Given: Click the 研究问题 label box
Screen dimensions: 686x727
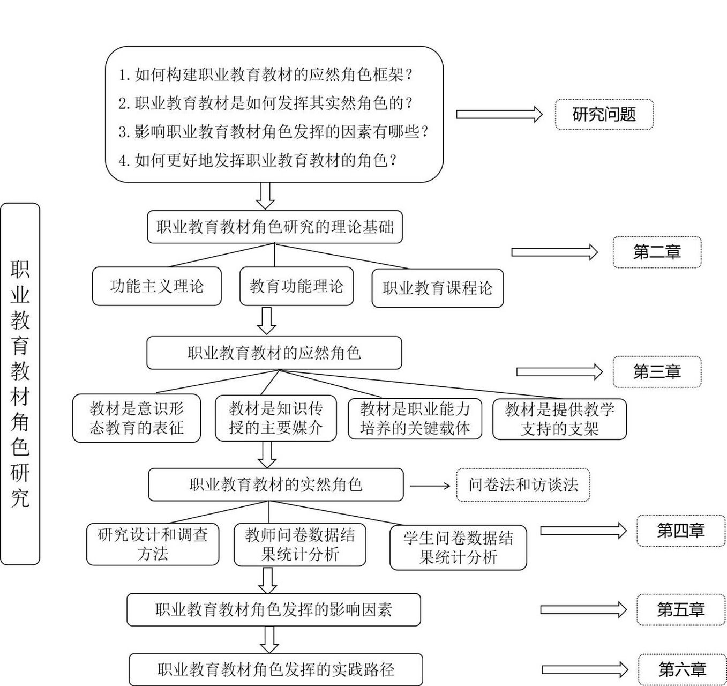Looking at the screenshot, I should point(604,114).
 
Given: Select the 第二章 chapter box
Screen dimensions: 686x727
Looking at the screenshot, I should point(657,252).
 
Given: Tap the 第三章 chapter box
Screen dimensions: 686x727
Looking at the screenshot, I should point(657,371).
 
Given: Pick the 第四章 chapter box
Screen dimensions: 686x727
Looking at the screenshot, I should point(680,531).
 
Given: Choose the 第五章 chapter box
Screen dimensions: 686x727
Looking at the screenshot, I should point(680,609).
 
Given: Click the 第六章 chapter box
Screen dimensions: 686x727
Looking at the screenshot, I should point(681,669).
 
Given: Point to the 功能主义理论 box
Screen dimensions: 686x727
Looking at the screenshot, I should point(156,286).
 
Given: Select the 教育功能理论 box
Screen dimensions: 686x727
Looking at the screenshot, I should point(296,286).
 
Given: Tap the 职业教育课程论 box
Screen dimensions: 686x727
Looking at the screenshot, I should point(437,288).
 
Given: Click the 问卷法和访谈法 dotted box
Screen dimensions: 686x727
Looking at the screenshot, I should point(523,485).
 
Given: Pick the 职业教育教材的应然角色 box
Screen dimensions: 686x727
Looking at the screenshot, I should point(274,353).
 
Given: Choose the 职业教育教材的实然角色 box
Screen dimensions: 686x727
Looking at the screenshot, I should point(275,484).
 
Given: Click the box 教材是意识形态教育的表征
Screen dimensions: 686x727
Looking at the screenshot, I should point(137,419).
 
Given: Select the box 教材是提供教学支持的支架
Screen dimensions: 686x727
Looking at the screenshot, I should point(559,419).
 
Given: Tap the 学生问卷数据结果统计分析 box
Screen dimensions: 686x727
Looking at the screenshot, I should point(458,547).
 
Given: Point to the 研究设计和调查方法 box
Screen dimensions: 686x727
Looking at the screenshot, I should point(153,544).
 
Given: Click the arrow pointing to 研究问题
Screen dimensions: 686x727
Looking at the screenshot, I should point(499,114).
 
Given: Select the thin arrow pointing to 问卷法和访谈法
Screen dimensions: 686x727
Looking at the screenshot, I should point(430,486).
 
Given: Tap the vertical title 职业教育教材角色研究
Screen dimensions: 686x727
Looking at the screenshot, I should point(20,384).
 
